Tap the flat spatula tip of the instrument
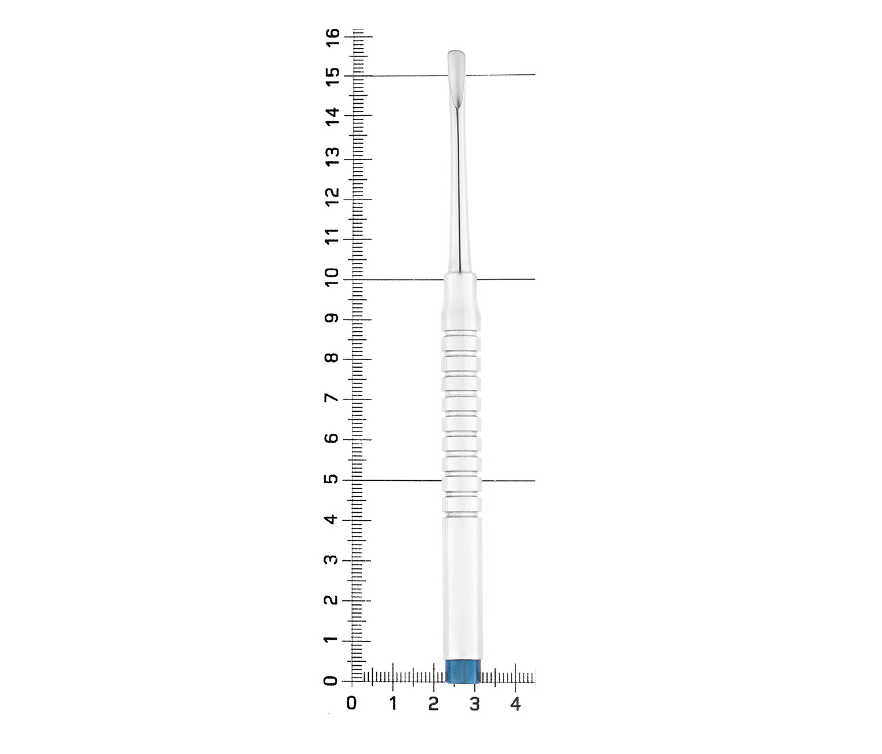[456, 81]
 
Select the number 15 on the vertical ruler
[333, 77]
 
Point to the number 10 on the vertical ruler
[333, 277]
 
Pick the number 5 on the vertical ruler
[333, 479]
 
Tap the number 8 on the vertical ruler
[333, 357]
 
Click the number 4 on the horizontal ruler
[516, 704]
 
